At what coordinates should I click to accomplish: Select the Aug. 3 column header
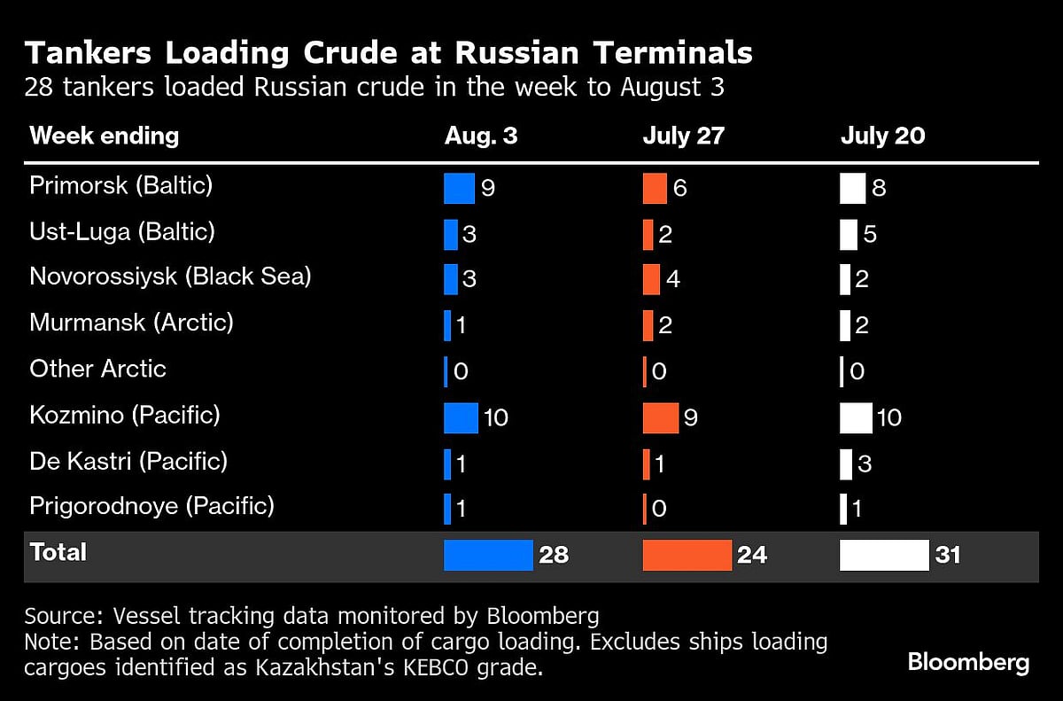point(481,136)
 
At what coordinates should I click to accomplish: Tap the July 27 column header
point(683,136)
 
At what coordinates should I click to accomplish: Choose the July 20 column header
point(882,136)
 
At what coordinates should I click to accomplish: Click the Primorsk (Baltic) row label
point(121,186)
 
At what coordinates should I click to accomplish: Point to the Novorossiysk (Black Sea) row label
point(170,277)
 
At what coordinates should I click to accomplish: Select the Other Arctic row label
point(97,369)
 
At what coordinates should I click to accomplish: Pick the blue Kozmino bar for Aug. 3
point(461,417)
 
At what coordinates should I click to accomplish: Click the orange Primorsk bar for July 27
point(655,188)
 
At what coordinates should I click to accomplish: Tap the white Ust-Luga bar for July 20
point(849,234)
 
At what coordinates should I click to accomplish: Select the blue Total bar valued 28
point(488,555)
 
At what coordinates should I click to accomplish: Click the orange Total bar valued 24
point(687,555)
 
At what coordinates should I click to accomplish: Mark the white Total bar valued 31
point(884,555)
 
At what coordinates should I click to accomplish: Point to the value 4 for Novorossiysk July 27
point(673,279)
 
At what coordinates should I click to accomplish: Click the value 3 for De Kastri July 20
point(865,463)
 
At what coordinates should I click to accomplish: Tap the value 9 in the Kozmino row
point(691,417)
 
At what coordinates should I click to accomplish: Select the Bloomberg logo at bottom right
point(967,663)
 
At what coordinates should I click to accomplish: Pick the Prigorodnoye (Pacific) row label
point(151,506)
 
